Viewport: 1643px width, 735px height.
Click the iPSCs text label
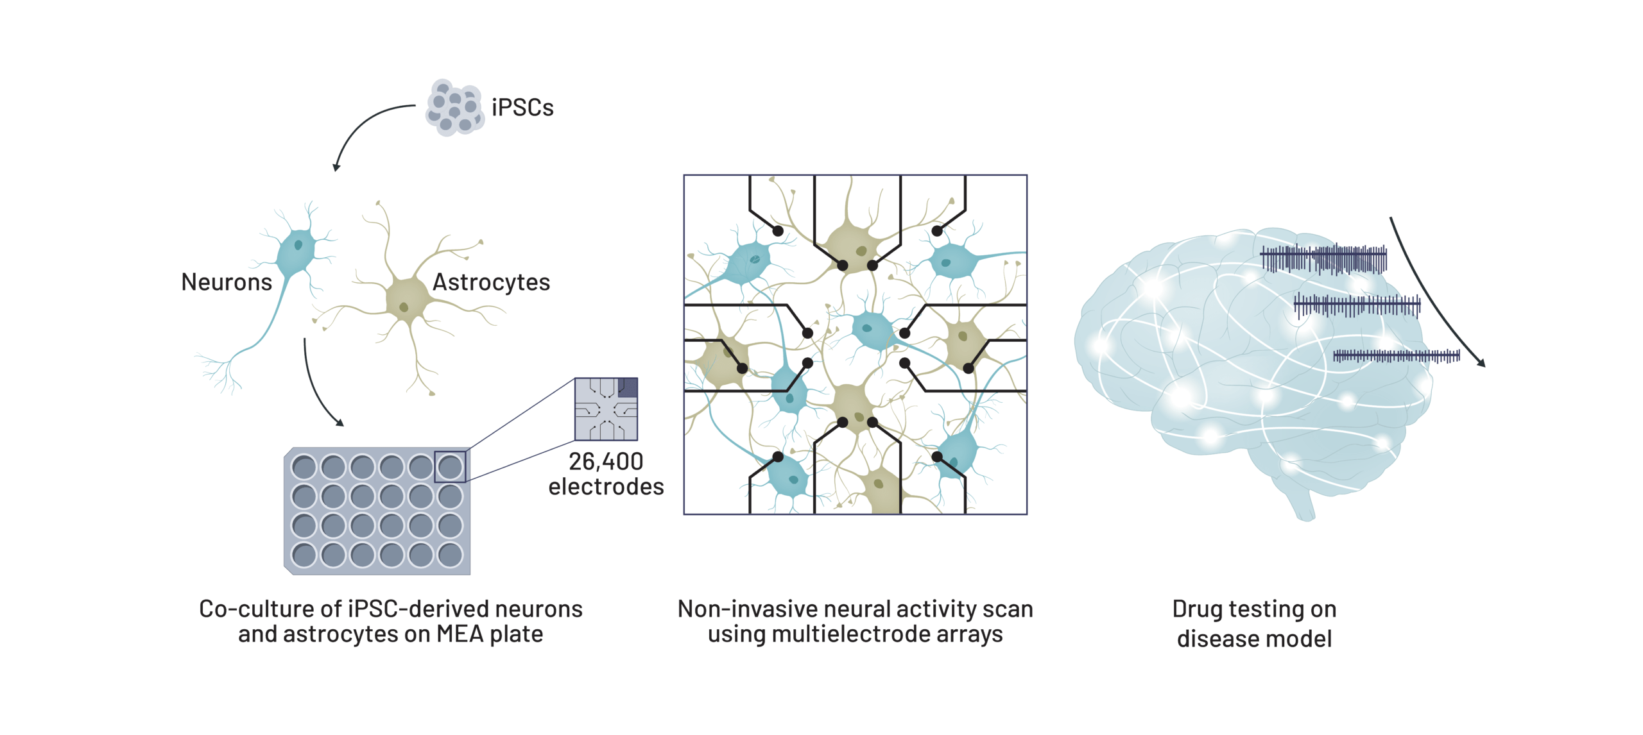point(522,108)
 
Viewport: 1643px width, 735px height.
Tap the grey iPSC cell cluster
point(454,108)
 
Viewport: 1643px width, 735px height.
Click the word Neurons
point(227,282)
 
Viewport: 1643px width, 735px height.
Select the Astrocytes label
point(491,282)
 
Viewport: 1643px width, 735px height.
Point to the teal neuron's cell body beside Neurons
point(297,249)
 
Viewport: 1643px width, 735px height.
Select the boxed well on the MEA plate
point(450,467)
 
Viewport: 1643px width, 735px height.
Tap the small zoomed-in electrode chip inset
point(606,409)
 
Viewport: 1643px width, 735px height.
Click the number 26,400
point(606,461)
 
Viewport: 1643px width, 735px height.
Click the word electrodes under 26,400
point(606,487)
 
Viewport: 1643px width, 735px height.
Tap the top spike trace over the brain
point(1323,259)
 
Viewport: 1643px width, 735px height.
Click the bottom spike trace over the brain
point(1396,356)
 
